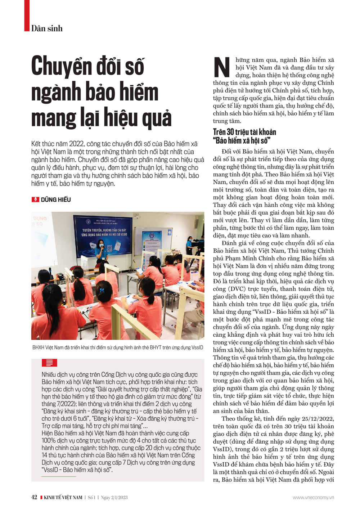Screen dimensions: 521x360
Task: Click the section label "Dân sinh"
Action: tap(47, 28)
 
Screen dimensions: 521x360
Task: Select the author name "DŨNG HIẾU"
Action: tap(56, 200)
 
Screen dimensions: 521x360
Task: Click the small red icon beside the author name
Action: tap(35, 200)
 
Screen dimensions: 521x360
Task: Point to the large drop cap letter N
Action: tap(222, 67)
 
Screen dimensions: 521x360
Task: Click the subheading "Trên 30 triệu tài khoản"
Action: tap(244, 132)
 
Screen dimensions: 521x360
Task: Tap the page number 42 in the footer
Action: tap(34, 497)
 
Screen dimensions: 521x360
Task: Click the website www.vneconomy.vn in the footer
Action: tap(313, 498)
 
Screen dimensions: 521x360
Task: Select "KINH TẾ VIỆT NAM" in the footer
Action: tap(63, 498)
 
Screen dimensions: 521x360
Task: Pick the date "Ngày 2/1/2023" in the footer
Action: tap(114, 498)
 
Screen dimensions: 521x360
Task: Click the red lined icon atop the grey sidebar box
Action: tap(49, 363)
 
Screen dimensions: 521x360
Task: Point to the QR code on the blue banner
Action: tap(110, 248)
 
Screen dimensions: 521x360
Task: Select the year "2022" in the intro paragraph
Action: tap(76, 144)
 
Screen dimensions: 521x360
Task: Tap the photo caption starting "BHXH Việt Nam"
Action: tap(118, 347)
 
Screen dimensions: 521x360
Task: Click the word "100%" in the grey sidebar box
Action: tap(48, 441)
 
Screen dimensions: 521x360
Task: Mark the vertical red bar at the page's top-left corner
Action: tap(27, 15)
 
